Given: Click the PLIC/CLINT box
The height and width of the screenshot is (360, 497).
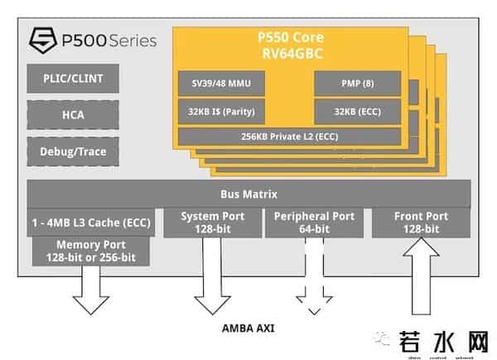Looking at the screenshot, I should [x=70, y=80].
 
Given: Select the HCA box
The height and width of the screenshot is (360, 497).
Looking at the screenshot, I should [x=70, y=116].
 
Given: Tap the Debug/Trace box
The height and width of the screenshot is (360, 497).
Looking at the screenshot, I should [x=70, y=151].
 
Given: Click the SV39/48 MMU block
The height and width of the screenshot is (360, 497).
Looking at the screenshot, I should [x=221, y=84].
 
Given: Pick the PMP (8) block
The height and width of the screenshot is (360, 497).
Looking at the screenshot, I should [x=357, y=84].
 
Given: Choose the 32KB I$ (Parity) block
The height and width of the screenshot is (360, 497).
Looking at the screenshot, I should [x=221, y=111].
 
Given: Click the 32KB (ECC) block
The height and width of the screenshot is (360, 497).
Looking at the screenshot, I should [x=357, y=111].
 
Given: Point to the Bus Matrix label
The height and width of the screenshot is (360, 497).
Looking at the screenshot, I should [x=248, y=194].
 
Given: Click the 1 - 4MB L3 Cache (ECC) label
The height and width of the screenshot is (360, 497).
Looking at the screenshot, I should [x=91, y=222].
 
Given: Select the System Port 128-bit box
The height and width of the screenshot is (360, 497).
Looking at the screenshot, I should [x=213, y=223].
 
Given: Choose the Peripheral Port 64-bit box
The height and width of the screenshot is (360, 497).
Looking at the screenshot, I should [x=314, y=223].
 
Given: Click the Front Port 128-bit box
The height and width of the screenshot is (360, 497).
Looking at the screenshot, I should [x=421, y=223].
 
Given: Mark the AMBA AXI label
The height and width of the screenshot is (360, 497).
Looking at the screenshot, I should [x=248, y=328].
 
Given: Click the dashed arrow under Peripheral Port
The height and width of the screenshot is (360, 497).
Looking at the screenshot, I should [x=314, y=277].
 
